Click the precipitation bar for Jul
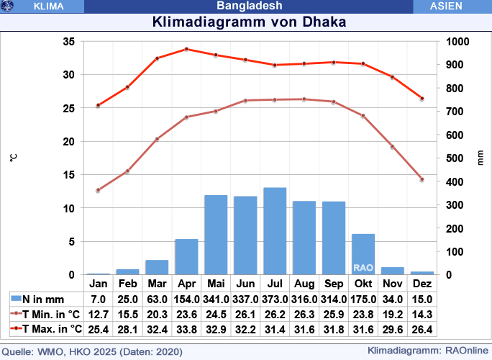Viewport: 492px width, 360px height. tap(275, 231)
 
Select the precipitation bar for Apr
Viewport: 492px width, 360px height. tap(186, 256)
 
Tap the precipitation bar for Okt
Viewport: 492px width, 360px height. tap(363, 253)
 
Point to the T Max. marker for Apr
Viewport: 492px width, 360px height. tap(186, 49)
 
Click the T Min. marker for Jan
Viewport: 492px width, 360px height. tap(98, 190)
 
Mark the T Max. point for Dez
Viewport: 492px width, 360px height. tap(422, 99)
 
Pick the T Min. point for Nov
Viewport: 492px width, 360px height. tap(393, 147)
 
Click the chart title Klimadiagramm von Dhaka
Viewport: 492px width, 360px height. tap(250, 22)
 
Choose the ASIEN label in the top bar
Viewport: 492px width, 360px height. tap(451, 6)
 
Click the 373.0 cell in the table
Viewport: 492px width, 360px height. tap(275, 299)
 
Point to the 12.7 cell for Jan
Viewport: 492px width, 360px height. tap(98, 314)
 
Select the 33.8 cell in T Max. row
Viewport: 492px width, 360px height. tap(186, 329)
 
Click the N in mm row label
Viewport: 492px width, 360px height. tap(43, 299)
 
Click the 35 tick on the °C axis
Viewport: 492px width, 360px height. tap(69, 42)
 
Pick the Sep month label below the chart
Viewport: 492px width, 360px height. tap(334, 283)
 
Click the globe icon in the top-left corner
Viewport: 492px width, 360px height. tap(8, 6)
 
